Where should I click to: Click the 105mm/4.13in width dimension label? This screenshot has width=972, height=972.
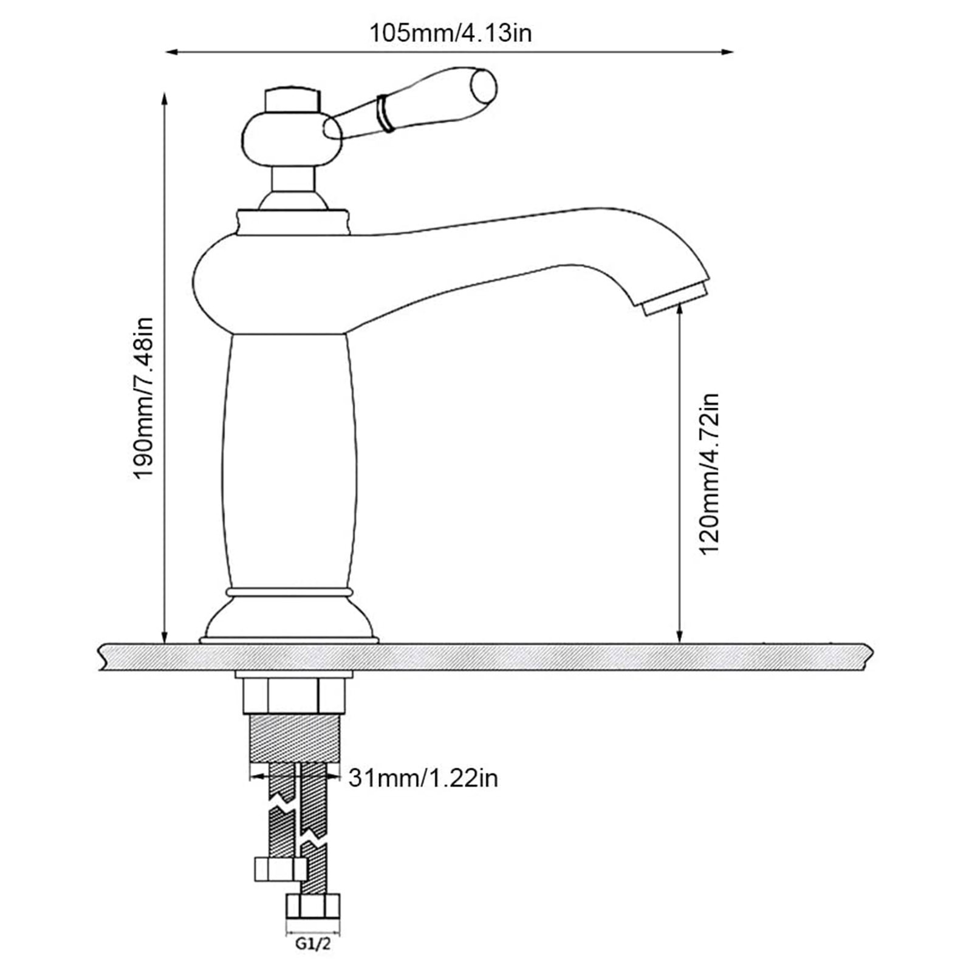tap(451, 32)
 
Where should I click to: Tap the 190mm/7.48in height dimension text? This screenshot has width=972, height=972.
tap(145, 397)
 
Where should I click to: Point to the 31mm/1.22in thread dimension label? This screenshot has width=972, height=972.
tap(423, 778)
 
